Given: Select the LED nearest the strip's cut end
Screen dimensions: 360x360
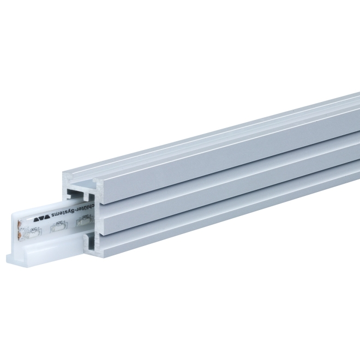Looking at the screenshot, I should (31, 234).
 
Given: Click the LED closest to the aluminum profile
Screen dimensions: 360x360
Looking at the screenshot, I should (84, 220).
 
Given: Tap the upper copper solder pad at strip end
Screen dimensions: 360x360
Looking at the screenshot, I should (21, 223).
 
